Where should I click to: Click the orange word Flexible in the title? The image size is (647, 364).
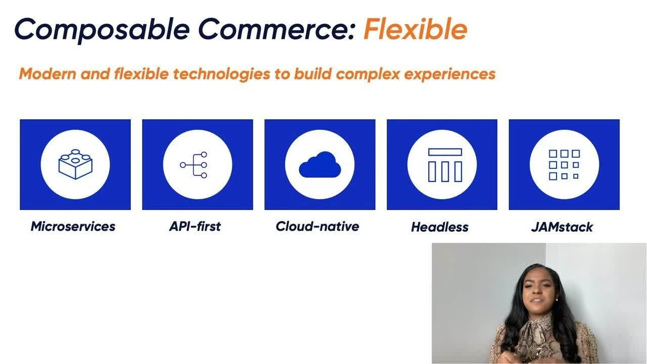tap(415, 29)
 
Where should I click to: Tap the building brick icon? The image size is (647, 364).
tap(75, 164)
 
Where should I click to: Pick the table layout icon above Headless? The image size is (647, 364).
tap(445, 165)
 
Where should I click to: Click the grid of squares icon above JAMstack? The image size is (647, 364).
tap(564, 164)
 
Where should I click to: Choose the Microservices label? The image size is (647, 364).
tap(73, 226)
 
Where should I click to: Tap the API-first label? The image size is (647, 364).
tap(195, 226)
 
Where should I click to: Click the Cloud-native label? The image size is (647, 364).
tap(317, 226)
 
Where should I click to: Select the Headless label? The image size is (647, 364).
tap(440, 227)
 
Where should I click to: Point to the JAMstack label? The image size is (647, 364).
tap(562, 227)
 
